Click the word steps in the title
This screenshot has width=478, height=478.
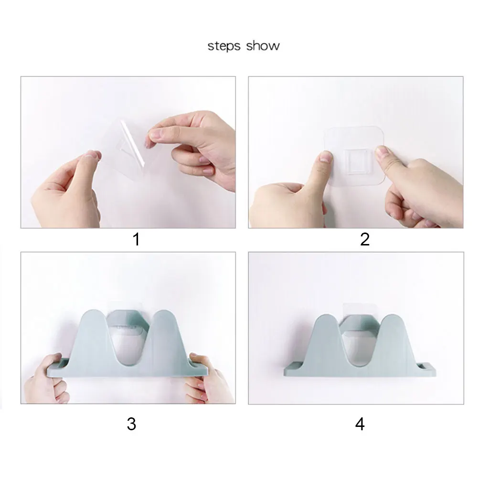coord(224,46)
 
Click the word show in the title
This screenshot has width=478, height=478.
coord(263,46)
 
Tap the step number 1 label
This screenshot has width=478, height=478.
coord(136,239)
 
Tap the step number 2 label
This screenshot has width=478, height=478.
coord(365,239)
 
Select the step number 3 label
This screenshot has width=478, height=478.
coord(131,424)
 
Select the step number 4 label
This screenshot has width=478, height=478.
coord(360,424)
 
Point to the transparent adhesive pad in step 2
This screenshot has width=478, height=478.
coord(354,156)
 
